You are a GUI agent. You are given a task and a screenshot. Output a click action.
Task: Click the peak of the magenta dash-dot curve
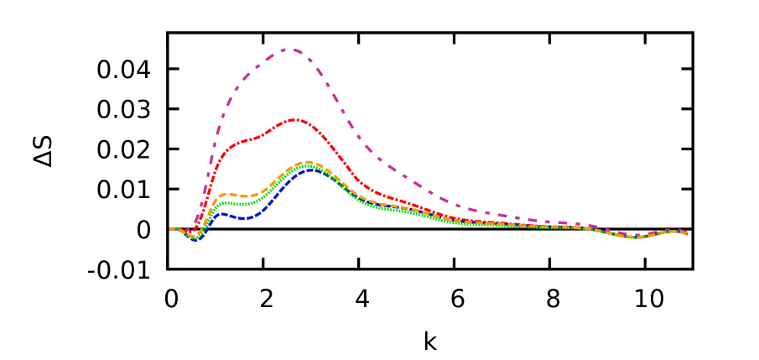pos(289,49)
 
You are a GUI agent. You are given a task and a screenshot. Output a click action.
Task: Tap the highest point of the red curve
pos(294,119)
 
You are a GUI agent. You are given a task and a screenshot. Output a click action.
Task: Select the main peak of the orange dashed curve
pos(309,162)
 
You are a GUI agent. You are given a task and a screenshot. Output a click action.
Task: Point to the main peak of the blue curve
pos(309,169)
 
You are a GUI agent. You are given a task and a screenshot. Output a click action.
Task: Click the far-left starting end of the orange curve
pos(170,228)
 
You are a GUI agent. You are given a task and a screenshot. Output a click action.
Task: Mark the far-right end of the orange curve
pos(686,232)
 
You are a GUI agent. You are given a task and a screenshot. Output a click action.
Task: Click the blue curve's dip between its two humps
pos(244,218)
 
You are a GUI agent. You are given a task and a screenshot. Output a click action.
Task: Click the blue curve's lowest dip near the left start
pos(195,240)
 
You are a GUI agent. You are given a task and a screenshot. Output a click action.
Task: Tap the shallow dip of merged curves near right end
pos(637,237)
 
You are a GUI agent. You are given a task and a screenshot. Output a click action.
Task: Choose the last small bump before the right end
pos(672,231)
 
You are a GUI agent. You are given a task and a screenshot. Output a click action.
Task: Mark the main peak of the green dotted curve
pos(309,165)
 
